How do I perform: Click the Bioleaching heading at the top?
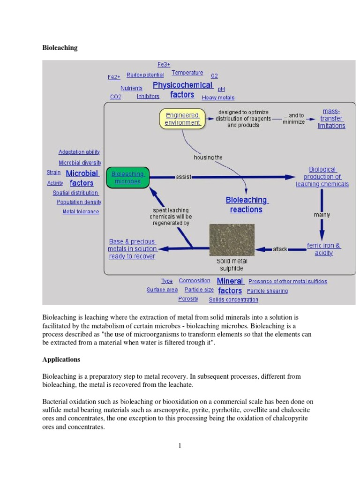point(60,48)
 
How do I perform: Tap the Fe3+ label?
point(164,64)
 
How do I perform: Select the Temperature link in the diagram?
point(187,73)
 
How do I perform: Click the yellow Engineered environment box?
point(182,119)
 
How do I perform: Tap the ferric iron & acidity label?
point(323,249)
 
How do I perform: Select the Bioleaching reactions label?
point(246,205)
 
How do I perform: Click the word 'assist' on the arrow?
point(183,177)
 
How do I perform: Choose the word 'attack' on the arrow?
point(280,249)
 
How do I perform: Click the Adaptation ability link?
point(79,152)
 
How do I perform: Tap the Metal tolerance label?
point(81,211)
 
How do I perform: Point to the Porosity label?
point(188,299)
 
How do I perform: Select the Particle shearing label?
point(267,291)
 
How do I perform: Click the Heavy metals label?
point(218,97)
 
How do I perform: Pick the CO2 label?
point(115,97)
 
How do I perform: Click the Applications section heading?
point(61,360)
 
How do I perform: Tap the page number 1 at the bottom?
point(180,445)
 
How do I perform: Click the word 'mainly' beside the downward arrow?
point(322,215)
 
